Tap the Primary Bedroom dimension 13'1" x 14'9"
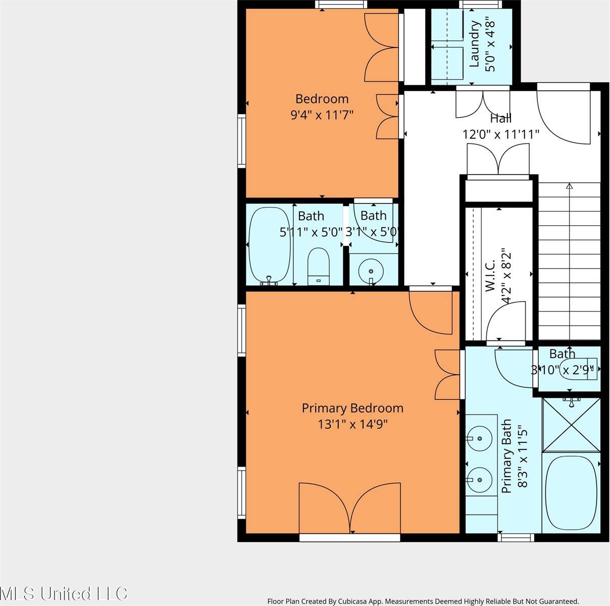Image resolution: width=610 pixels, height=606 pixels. coord(352,425)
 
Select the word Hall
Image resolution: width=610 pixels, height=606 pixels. coord(500,119)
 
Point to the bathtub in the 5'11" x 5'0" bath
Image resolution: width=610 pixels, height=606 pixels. coord(270,246)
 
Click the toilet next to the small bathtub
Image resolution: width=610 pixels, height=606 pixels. coord(318,266)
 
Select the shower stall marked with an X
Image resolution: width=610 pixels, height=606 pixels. coord(571,425)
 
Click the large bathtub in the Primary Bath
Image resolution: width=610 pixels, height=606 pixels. coord(571,493)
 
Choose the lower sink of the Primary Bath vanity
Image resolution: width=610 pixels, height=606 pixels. coord(478,478)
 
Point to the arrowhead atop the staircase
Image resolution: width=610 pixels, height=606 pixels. coord(570,186)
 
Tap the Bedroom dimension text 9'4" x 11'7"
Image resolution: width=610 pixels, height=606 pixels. coord(321,115)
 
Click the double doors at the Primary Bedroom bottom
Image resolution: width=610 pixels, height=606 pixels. coord(350,508)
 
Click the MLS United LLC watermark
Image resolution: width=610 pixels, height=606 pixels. coord(64,593)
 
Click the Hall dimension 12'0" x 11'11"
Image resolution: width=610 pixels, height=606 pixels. coord(501,134)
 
